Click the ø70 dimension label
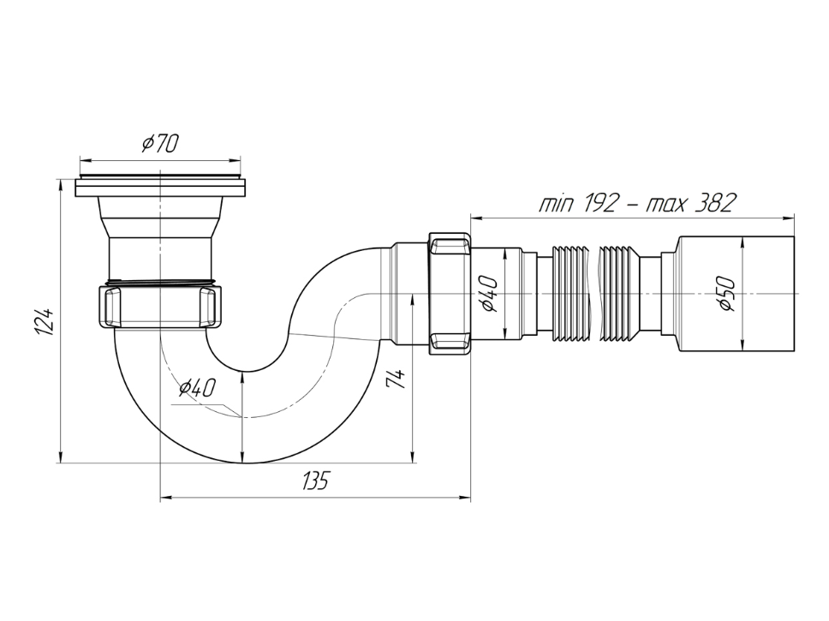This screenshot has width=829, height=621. coord(160,143)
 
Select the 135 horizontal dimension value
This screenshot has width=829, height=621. coord(316,481)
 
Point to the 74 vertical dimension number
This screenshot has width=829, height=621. coord(397,379)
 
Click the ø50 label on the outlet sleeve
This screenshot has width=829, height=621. coord(727,294)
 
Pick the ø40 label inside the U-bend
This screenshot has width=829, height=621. coord(197,388)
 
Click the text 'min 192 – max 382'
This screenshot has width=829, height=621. coord(636,203)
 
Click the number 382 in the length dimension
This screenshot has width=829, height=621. coord(717,203)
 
